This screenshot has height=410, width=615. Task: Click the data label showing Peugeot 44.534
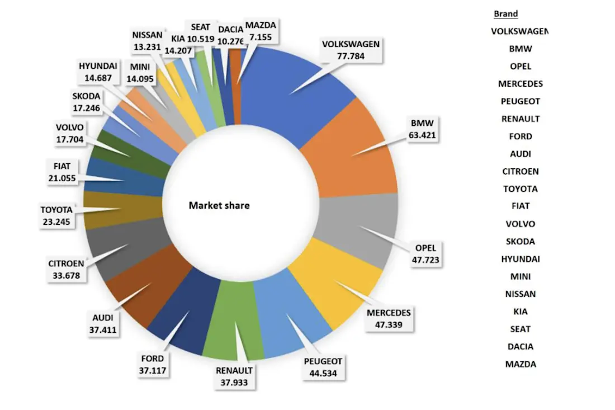point(322,367)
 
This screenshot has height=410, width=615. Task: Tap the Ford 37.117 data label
point(153,364)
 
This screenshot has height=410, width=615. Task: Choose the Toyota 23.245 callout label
point(56,215)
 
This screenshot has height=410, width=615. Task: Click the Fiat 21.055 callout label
point(63,171)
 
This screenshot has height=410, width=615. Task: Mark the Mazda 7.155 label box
point(261,30)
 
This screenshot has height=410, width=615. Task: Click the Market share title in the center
point(219,205)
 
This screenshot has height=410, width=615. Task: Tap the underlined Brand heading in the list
point(505,14)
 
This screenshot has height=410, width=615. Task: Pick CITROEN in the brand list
point(520,172)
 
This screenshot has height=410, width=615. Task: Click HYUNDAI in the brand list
point(520,259)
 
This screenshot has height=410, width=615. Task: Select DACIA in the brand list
point(520,346)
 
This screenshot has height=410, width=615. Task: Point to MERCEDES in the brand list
point(520,84)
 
